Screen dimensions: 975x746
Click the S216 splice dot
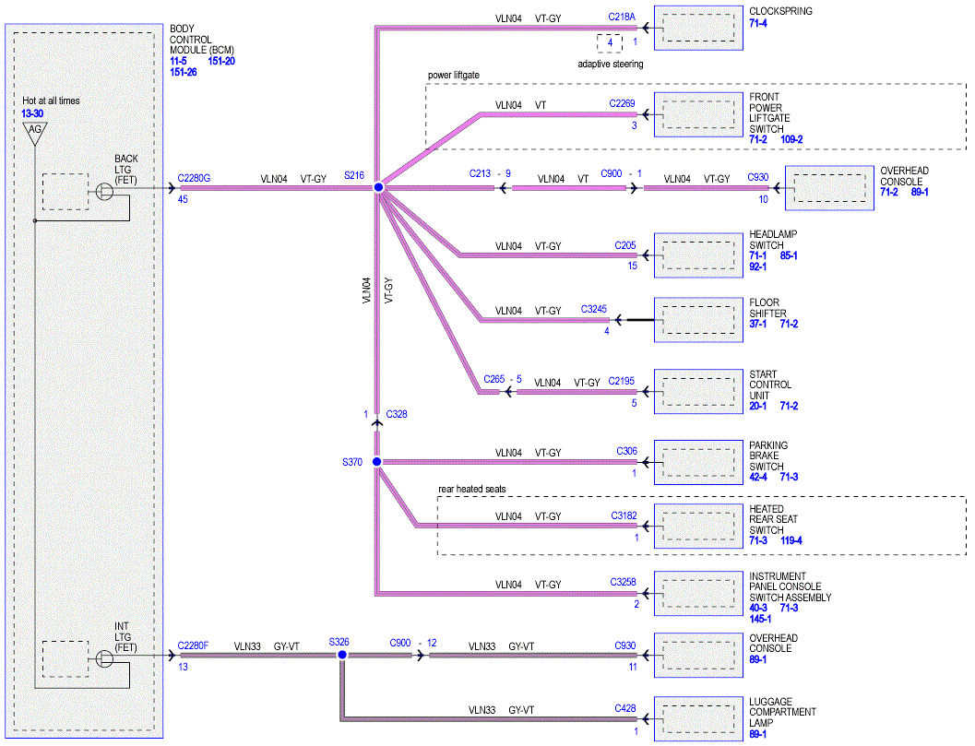tap(378, 187)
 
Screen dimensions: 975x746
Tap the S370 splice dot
tap(377, 461)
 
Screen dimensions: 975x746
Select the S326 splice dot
tap(342, 655)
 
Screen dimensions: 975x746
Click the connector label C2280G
tap(194, 178)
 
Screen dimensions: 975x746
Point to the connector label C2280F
tap(193, 645)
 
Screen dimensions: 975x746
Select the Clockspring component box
tap(698, 28)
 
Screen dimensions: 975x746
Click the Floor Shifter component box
tap(698, 320)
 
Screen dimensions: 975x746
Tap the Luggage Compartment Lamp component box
tap(698, 719)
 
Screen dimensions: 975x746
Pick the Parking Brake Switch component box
tap(698, 463)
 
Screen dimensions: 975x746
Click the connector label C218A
tap(622, 18)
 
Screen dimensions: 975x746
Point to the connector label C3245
tap(594, 309)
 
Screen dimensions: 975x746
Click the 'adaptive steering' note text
tap(611, 64)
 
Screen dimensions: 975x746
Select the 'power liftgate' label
tap(454, 76)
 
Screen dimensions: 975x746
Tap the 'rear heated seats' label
tap(472, 490)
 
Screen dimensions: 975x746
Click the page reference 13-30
tap(32, 113)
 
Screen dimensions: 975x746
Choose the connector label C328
tap(397, 414)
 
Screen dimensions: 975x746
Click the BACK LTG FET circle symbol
tap(104, 191)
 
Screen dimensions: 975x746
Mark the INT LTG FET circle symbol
tap(104, 658)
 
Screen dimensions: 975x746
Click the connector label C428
tap(624, 709)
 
